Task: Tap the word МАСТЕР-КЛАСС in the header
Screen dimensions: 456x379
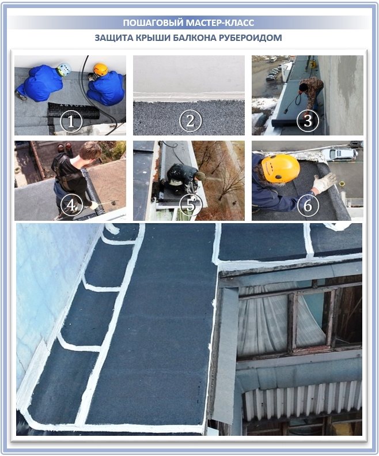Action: (222, 23)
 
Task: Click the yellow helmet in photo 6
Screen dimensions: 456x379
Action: (281, 168)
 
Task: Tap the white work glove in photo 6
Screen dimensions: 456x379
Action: (324, 184)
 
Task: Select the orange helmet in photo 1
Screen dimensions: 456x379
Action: (101, 69)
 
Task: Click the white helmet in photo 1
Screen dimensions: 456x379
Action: (63, 69)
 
